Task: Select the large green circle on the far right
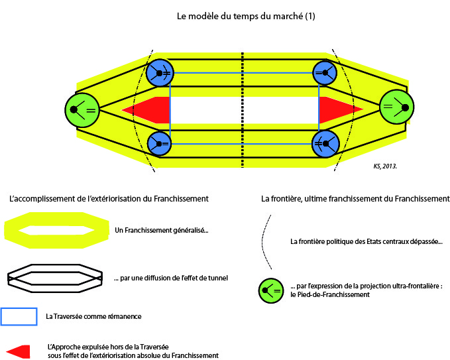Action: pyautogui.click(x=397, y=106)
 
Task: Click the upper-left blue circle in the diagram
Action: pyautogui.click(x=160, y=72)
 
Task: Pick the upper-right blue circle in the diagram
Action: pyautogui.click(x=325, y=72)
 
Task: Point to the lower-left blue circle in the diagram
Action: pyautogui.click(x=160, y=143)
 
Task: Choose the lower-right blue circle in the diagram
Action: pyautogui.click(x=325, y=144)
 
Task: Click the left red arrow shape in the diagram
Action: pyautogui.click(x=147, y=109)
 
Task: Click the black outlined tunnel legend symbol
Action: pyautogui.click(x=54, y=277)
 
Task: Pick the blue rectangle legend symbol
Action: pyautogui.click(x=19, y=316)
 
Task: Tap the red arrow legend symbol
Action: pyautogui.click(x=20, y=351)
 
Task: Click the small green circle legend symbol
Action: pyautogui.click(x=272, y=290)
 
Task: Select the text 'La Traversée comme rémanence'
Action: pyautogui.click(x=93, y=317)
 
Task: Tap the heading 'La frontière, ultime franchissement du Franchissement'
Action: pyautogui.click(x=356, y=198)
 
